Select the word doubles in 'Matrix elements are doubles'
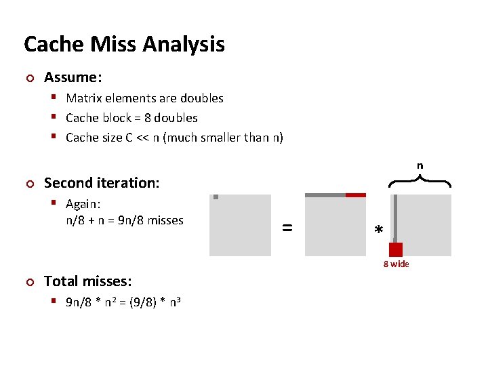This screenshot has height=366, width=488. [x=201, y=98]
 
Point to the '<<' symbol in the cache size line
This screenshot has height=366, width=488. [x=139, y=138]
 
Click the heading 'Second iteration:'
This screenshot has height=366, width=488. [x=100, y=182]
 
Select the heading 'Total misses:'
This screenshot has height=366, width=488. [x=87, y=281]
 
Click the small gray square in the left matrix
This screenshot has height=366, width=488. [x=216, y=197]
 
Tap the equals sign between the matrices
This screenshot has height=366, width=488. [x=287, y=228]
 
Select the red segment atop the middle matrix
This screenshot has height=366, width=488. [x=355, y=195]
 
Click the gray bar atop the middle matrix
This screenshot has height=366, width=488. [x=325, y=195]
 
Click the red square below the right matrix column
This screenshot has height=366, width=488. [x=396, y=249]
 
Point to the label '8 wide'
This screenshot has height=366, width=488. [x=396, y=264]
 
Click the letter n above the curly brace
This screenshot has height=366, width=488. [x=420, y=165]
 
